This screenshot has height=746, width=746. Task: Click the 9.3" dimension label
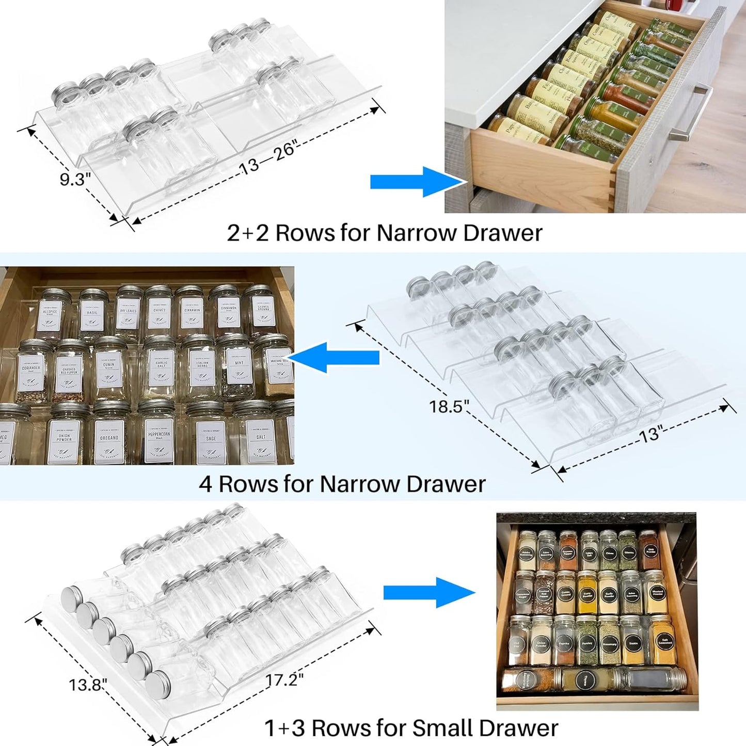pyautogui.click(x=75, y=179)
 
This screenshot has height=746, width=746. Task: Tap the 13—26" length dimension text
pyautogui.click(x=267, y=158)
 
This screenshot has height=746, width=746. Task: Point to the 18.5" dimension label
pyautogui.click(x=449, y=406)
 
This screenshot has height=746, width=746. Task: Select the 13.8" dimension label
pyautogui.click(x=88, y=685)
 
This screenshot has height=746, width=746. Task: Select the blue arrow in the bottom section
pyautogui.click(x=428, y=593)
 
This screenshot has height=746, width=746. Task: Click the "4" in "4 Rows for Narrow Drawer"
pyautogui.click(x=205, y=484)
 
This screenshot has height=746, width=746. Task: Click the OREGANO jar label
pyautogui.click(x=109, y=439)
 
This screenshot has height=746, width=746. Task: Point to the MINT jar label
pyautogui.click(x=239, y=364)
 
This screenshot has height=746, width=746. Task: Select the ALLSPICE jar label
pyautogui.click(x=50, y=314)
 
